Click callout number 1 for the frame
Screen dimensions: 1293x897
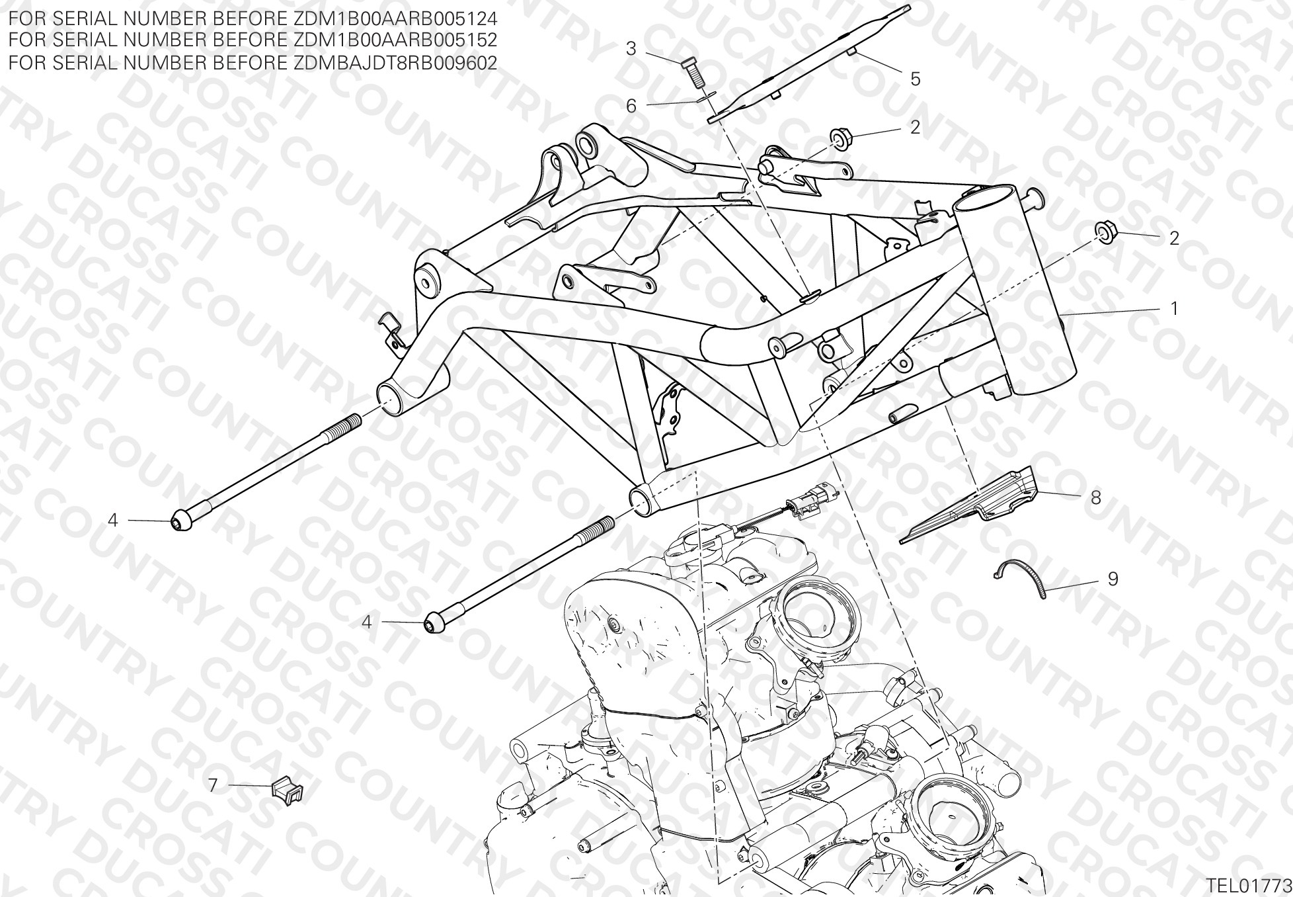[x=1174, y=308]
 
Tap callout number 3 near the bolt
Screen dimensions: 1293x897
[x=631, y=48]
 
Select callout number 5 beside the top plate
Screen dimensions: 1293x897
[x=916, y=79]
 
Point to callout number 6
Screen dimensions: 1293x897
[x=631, y=106]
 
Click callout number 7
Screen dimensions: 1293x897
[x=213, y=785]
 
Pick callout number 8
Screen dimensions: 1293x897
[x=1096, y=497]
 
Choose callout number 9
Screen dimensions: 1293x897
[x=1113, y=579]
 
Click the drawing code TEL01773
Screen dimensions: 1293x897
[x=1248, y=885]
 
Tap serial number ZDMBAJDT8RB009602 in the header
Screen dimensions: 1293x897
[x=394, y=62]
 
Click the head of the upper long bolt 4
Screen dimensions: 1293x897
[x=180, y=521]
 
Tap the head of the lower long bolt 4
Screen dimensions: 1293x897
[x=433, y=623]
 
